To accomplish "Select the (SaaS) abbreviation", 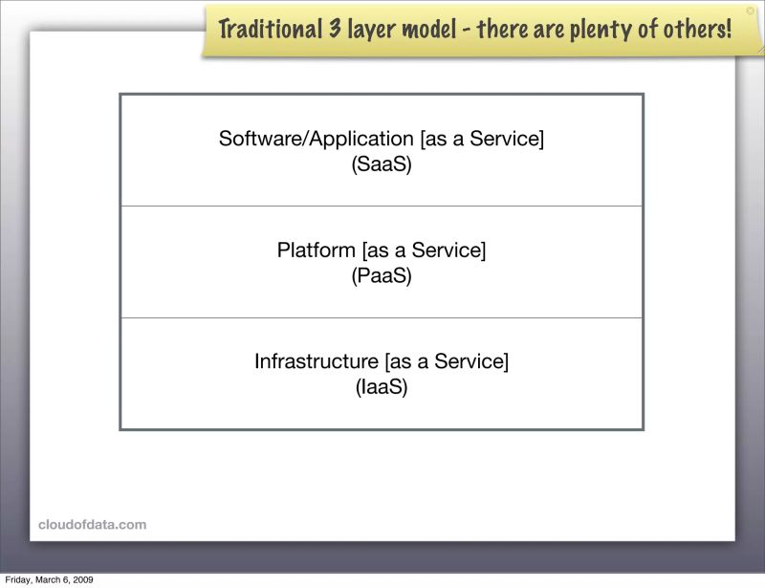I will click(382, 164).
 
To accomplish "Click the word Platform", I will click(317, 250).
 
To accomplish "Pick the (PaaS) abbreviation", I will click(382, 276).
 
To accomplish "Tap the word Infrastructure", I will click(317, 361).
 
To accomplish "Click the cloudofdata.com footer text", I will click(93, 524).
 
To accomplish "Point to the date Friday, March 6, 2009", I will click(49, 579).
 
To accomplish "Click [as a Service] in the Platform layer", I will click(424, 250).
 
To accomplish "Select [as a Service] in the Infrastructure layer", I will click(447, 361).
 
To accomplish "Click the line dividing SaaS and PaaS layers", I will click(382, 206).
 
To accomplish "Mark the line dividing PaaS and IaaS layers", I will click(382, 317).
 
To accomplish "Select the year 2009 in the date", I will click(81, 579).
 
